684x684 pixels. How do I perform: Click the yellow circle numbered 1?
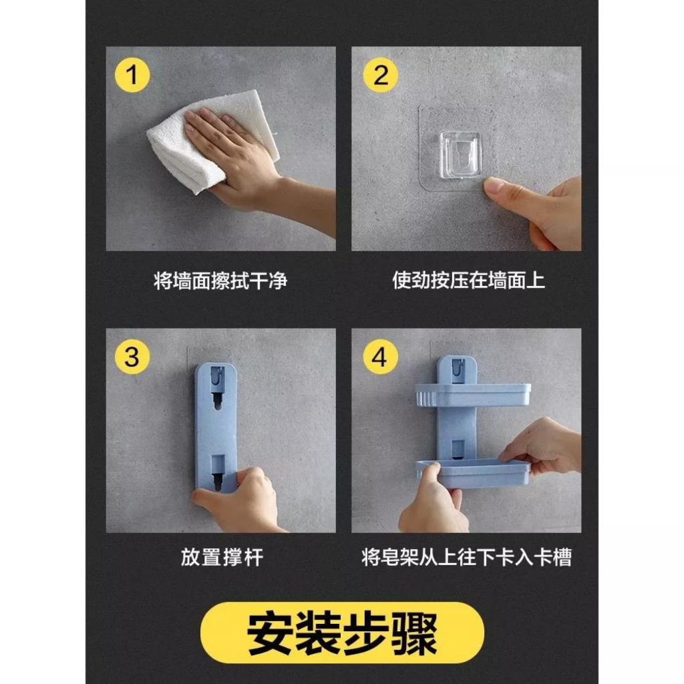tap(132, 75)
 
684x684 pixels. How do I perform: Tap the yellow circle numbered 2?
tap(380, 75)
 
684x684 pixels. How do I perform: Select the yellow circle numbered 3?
tap(132, 357)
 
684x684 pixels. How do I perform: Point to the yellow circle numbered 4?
tap(380, 357)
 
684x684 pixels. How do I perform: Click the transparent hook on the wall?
tap(460, 155)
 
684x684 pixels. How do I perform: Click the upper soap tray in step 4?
tap(473, 395)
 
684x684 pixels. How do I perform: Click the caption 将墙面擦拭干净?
tap(220, 281)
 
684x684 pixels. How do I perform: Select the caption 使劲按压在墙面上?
tap(468, 280)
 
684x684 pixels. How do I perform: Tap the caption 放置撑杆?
tap(222, 558)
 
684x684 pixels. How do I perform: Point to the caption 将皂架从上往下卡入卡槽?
tap(466, 558)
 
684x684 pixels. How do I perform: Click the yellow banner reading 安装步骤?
tap(342, 633)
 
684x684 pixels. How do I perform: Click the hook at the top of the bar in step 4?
tap(456, 370)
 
